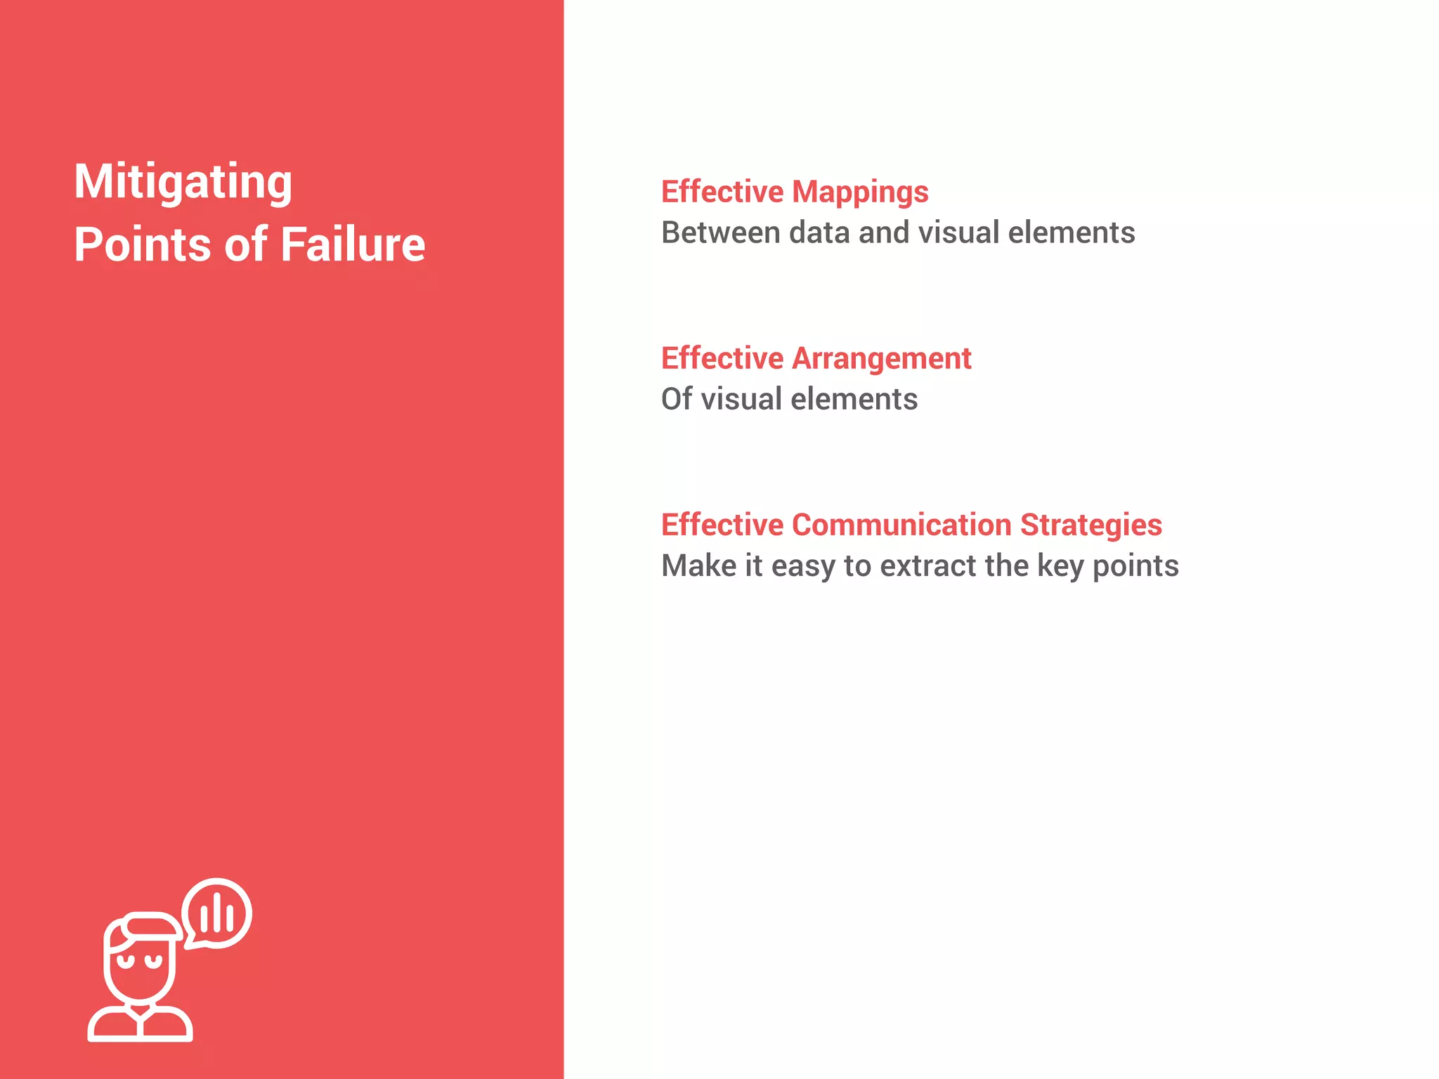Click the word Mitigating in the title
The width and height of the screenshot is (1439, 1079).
183,182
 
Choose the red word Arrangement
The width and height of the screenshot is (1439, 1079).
882,358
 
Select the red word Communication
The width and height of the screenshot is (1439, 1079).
901,525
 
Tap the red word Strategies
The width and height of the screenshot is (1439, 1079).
1091,525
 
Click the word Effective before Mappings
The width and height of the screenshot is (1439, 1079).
722,192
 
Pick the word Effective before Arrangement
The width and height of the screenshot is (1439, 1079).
722,358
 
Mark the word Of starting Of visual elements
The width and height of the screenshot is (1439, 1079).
677,399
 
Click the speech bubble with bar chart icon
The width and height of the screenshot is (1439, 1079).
217,913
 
